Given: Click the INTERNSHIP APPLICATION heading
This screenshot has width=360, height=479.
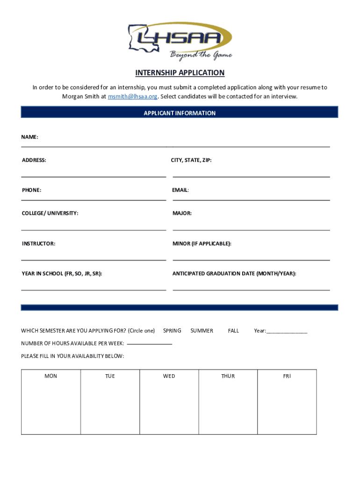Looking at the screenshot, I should (180, 73).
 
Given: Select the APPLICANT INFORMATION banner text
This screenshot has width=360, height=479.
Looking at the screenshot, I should (180, 113).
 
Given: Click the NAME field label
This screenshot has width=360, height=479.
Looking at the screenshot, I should (29, 137).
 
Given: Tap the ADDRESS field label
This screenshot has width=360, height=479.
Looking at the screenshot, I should (34, 160).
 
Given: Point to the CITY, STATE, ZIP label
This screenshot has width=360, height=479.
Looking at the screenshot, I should (191, 160).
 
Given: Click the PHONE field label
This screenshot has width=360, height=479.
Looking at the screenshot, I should (31, 190).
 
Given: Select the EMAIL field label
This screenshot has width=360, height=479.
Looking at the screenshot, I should (180, 190).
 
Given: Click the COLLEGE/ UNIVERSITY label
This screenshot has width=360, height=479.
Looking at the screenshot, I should (50, 213).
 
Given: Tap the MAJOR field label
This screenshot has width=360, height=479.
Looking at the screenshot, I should (182, 213).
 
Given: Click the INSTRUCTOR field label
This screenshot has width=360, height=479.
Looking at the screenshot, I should (38, 244).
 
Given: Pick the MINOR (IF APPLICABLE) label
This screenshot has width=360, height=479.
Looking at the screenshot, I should (202, 244).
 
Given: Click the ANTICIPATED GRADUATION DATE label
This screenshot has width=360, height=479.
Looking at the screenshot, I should (234, 274).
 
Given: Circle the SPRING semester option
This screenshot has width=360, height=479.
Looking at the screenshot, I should (172, 331).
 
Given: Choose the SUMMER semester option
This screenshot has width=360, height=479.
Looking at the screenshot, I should (202, 331).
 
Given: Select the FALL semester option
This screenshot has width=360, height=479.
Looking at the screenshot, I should (233, 331).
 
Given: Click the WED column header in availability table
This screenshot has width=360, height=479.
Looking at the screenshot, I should (169, 376).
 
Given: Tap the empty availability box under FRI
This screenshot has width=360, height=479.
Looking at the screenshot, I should (287, 407).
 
